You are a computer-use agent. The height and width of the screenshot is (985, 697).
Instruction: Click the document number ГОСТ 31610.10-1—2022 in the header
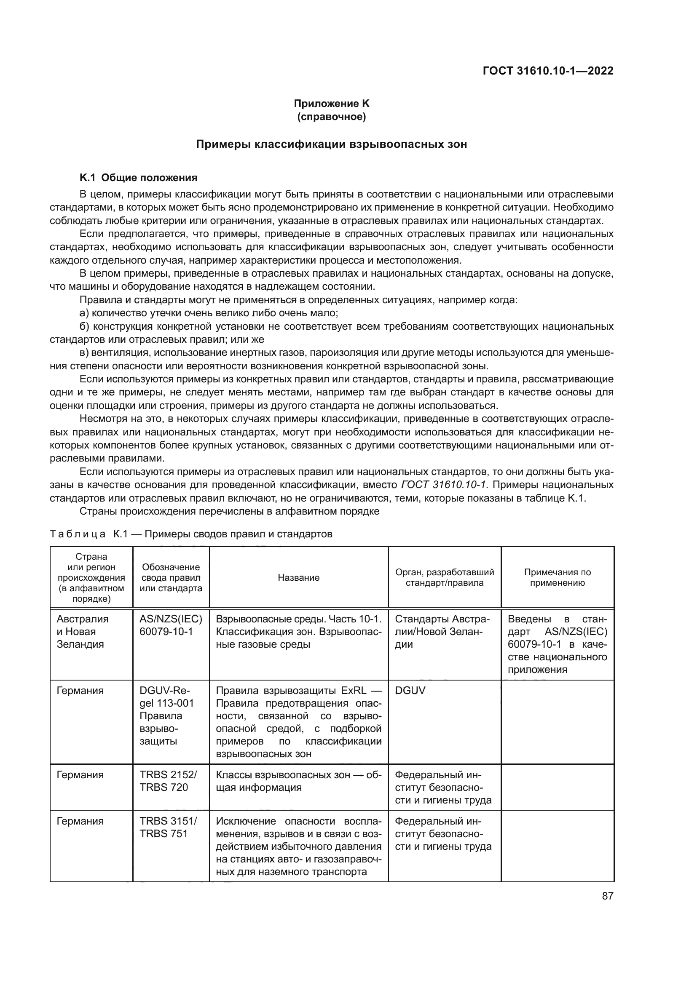coord(548,71)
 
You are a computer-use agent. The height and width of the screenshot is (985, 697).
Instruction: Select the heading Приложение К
coord(331,104)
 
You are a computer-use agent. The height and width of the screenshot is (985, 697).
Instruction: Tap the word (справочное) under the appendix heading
coord(331,117)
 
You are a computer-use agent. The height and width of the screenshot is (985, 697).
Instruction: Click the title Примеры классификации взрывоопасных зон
coord(331,144)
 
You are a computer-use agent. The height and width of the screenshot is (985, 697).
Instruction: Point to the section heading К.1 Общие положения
coord(138,178)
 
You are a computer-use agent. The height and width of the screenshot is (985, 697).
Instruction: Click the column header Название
coord(299,577)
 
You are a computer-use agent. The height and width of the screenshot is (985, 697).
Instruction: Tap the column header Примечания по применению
coord(557,577)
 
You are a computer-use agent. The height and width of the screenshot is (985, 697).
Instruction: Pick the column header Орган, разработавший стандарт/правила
coord(444,577)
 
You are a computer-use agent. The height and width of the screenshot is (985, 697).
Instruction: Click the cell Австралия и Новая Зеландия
coord(83,632)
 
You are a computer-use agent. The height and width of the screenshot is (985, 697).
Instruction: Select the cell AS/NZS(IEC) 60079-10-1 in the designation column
coord(170,625)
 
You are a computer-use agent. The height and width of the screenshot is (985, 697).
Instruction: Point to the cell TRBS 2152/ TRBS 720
coord(168,781)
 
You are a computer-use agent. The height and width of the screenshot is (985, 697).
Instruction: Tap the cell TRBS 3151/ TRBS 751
coord(168,827)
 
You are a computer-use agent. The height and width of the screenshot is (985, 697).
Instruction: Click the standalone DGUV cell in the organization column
coord(410,691)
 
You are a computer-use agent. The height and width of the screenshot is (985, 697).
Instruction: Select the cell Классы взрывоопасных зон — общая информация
coord(298,781)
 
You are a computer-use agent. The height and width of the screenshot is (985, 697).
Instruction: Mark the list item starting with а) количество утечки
coord(209,313)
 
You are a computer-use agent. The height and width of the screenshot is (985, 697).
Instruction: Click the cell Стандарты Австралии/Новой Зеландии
coord(442,632)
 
